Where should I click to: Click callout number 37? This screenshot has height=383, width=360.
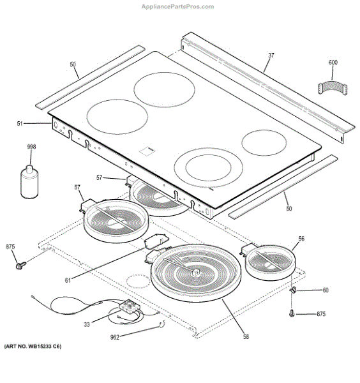coord(271,56)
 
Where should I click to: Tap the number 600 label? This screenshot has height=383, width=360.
coord(333,63)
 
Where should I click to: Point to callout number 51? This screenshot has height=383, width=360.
coord(37,123)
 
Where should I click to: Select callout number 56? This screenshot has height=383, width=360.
coord(301,238)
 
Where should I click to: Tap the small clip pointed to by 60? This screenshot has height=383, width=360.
coord(294,291)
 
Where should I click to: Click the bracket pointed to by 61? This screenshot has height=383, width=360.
coord(153,243)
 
